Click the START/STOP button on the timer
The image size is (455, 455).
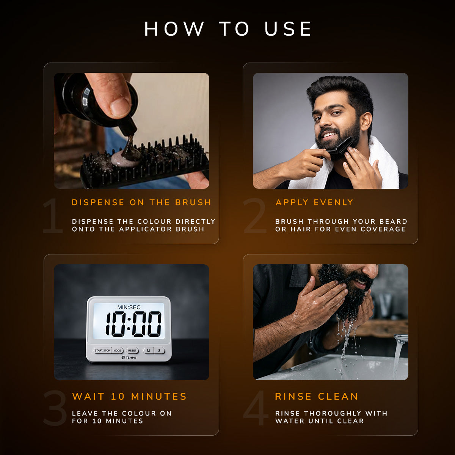coord(102,350)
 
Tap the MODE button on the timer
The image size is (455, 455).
coord(117,350)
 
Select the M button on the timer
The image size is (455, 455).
coord(148,350)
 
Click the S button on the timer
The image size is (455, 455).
coord(159,350)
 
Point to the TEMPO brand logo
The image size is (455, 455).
coord(129,358)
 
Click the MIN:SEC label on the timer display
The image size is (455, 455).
coord(129,307)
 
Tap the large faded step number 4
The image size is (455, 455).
coord(256,408)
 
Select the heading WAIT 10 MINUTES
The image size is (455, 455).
coord(129,397)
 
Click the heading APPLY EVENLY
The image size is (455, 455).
coord(314,202)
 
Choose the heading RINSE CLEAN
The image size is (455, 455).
coord(316,397)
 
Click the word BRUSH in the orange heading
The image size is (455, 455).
coord(193,202)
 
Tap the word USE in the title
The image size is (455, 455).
coord(288,29)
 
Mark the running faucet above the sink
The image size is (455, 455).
coord(400,338)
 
